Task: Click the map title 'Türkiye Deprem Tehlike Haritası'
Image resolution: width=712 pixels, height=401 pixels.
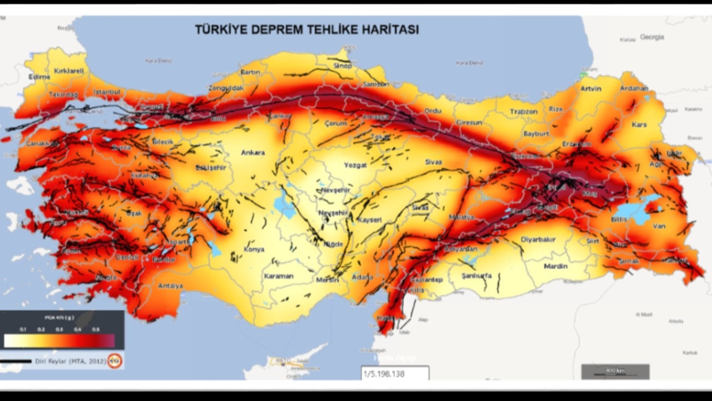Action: coord(306,30)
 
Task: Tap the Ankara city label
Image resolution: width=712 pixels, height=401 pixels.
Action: coord(253,153)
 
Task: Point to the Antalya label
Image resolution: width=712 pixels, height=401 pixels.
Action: coord(170,286)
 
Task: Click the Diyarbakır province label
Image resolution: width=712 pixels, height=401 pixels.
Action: coord(538,240)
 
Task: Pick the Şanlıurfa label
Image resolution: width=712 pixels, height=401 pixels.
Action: coord(477,276)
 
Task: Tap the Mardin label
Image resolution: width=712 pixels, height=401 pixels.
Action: coord(555,266)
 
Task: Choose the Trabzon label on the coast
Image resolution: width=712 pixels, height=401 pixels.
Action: coord(523,111)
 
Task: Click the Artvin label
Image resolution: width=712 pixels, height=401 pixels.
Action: coord(591,89)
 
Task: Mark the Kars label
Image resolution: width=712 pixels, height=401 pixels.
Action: coord(639,125)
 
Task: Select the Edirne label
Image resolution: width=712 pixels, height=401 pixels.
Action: coord(39,77)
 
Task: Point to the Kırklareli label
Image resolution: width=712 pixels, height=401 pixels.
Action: coord(68,71)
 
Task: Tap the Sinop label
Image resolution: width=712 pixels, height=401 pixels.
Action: coord(343,66)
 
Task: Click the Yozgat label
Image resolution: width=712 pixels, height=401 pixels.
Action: coord(355,165)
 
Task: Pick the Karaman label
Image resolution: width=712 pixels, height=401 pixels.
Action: coord(278,276)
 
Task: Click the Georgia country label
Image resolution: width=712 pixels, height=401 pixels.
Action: coord(652,37)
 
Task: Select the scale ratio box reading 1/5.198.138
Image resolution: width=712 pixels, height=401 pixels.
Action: coord(395,374)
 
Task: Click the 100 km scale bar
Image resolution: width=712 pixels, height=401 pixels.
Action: coord(615,371)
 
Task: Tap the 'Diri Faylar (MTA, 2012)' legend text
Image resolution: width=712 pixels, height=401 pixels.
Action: coord(71,361)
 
